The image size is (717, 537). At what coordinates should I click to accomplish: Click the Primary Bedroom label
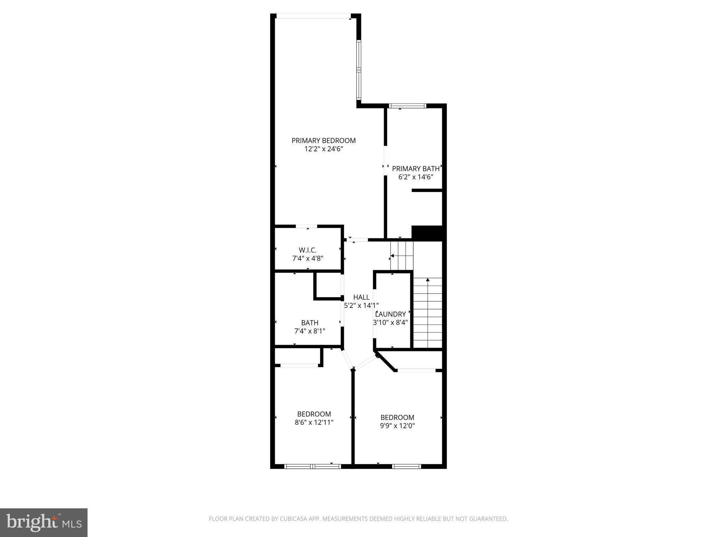(x=323, y=141)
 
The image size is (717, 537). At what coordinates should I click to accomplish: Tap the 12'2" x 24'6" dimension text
(x=323, y=149)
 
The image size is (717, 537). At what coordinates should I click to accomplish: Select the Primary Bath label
(x=416, y=169)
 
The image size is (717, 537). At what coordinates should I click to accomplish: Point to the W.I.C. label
(x=308, y=250)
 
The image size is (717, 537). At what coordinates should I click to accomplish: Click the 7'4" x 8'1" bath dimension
(x=310, y=331)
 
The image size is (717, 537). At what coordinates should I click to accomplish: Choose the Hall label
(x=361, y=297)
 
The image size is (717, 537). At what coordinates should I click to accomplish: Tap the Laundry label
(x=390, y=314)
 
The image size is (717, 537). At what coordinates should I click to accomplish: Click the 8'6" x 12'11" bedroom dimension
(x=314, y=422)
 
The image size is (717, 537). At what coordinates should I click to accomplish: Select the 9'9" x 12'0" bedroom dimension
(x=397, y=426)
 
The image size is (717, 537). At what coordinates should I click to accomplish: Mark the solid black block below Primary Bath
(x=427, y=233)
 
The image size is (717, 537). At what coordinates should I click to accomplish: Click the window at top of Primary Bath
(x=407, y=106)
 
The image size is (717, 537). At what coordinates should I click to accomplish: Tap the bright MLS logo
(x=43, y=522)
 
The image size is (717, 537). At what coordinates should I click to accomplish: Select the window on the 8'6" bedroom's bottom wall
(x=313, y=466)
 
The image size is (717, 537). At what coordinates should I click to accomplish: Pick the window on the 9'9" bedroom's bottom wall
(x=406, y=466)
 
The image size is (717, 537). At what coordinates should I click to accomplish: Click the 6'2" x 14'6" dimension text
(x=416, y=177)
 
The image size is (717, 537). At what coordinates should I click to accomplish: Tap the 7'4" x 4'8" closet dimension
(x=308, y=259)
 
